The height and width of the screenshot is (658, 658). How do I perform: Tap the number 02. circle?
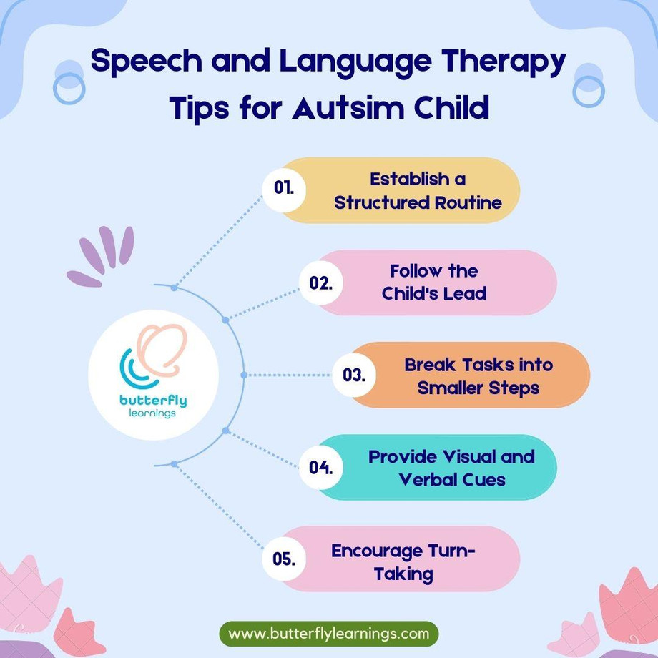point(320,283)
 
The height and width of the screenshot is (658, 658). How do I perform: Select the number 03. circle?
point(353,374)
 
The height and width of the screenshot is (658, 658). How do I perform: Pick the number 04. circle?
point(320,467)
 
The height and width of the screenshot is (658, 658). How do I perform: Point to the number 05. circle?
point(284,559)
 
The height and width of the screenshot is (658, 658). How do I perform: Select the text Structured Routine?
point(418,202)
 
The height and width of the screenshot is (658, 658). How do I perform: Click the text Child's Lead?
point(434,293)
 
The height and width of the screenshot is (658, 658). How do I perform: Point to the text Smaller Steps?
point(478,388)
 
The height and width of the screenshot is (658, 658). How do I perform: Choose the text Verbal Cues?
point(452,479)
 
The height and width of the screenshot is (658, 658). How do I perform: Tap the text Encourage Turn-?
point(403,551)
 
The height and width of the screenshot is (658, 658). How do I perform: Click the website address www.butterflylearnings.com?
point(329,634)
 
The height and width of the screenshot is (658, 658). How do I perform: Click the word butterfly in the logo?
point(153,400)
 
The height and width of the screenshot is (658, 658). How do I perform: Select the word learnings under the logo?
point(153,413)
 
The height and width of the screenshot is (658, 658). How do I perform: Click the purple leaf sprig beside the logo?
point(102,255)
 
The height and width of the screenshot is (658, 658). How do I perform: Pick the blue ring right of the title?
point(589,88)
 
